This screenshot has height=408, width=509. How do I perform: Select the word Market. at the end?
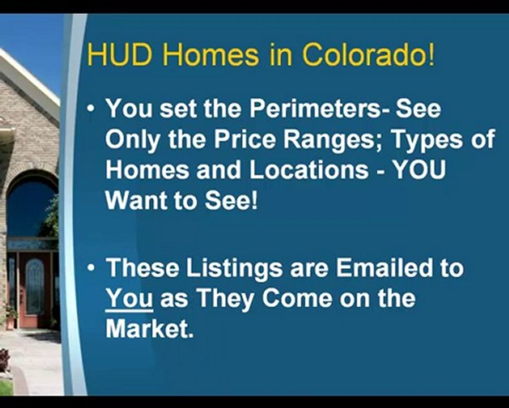coord(150,329)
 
